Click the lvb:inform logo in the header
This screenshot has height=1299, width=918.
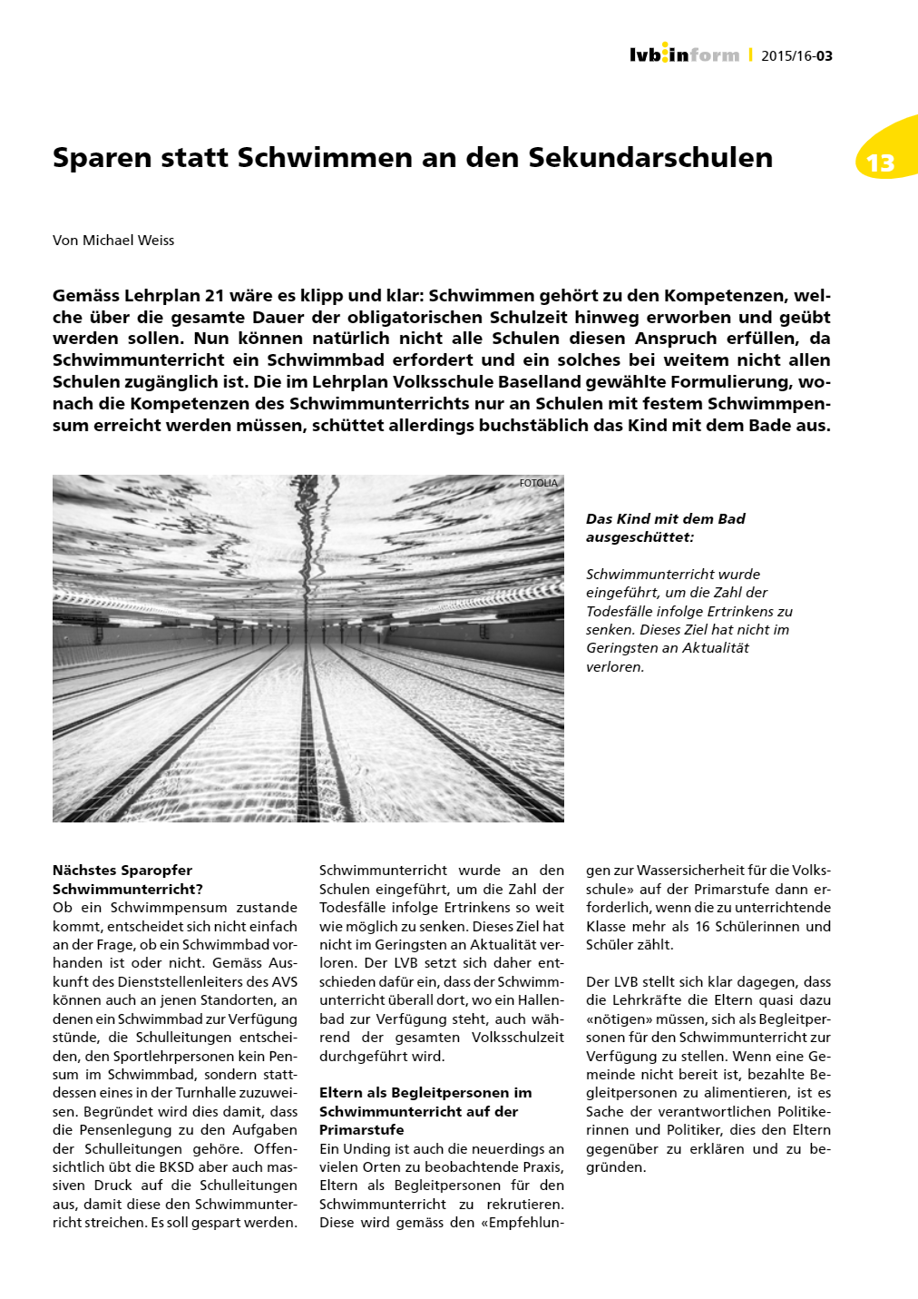tap(684, 54)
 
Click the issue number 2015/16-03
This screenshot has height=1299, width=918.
tap(796, 56)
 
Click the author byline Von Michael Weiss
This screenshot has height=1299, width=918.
tap(113, 241)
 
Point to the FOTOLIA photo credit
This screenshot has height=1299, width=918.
tap(539, 483)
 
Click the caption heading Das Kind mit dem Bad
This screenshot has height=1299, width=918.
tap(665, 519)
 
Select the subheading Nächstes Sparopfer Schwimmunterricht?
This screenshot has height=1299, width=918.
tap(127, 880)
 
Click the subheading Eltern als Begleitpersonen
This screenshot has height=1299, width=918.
tap(425, 1093)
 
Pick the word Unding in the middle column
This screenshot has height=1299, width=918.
tap(366, 1149)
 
